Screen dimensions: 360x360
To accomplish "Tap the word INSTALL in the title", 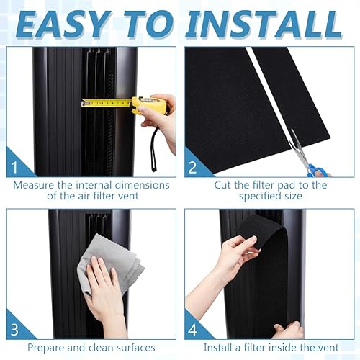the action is tap(264, 24).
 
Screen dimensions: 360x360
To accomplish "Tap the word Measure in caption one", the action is tap(34, 185).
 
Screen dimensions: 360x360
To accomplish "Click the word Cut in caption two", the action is tap(223, 185).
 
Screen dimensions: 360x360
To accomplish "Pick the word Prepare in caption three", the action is tap(46, 348).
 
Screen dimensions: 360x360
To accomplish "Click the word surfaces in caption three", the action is tap(135, 348).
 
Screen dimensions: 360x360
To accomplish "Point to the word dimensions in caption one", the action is tap(143, 185).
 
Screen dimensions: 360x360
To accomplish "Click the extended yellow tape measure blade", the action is tap(106, 103).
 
